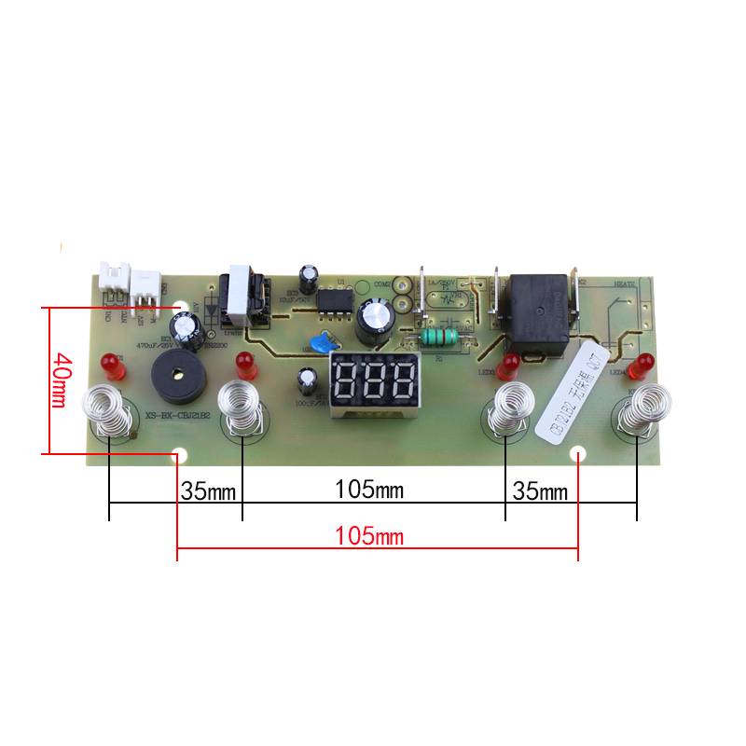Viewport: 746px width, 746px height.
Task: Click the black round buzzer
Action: [x=178, y=372]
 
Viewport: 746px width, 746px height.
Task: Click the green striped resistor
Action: [x=443, y=337]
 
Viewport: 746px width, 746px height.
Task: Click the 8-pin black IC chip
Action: [x=329, y=300]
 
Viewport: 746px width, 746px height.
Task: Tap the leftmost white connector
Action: [x=112, y=280]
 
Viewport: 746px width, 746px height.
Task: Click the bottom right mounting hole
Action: [x=577, y=455]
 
